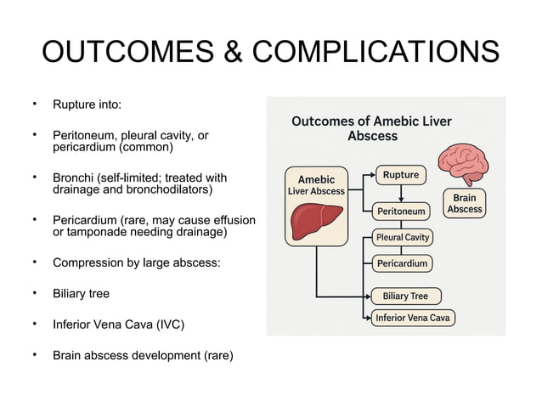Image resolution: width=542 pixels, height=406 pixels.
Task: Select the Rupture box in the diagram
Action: pos(400,175)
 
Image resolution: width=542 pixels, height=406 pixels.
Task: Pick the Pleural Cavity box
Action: pos(403,237)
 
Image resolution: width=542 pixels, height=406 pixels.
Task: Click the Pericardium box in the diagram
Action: pos(402,263)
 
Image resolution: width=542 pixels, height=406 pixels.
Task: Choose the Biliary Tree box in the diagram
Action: pos(405,296)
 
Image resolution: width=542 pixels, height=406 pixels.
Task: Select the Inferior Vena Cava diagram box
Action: pos(413,318)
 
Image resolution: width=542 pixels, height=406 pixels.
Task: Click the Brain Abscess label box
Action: pos(465,204)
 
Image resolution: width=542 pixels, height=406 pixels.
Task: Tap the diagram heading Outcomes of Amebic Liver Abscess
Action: pos(372,128)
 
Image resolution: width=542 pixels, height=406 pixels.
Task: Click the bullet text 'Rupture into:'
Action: pos(87,104)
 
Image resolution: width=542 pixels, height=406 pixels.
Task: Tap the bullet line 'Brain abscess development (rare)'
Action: pos(143,355)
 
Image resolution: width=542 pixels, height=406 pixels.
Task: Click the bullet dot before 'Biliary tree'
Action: pos(35,293)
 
